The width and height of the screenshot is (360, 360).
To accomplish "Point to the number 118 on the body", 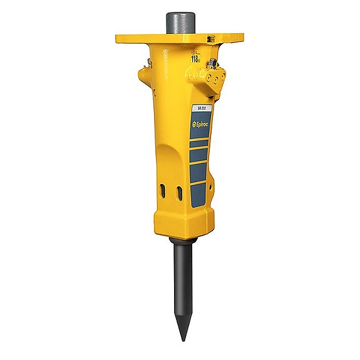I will click(x=195, y=58).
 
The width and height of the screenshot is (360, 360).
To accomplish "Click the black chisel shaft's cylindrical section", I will click(x=181, y=275).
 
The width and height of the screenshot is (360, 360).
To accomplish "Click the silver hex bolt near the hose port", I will click(x=212, y=62).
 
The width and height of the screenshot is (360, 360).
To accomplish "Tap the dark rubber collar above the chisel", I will click(x=181, y=241).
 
